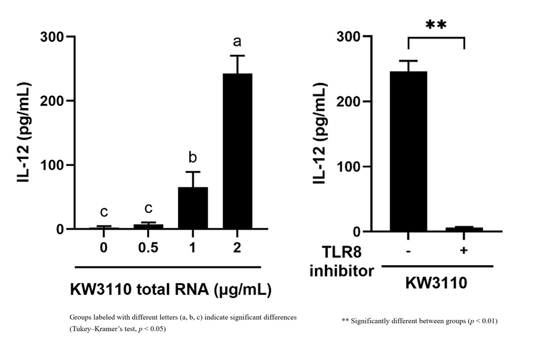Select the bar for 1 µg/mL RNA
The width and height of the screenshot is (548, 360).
pyautogui.click(x=192, y=208)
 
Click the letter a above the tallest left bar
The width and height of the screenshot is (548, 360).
pyautogui.click(x=237, y=42)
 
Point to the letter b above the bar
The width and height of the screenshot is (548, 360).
pyautogui.click(x=192, y=158)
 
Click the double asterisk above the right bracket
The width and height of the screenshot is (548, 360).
pyautogui.click(x=436, y=26)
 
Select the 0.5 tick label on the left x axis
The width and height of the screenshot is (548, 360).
pyautogui.click(x=148, y=248)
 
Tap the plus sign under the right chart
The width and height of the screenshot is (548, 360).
pyautogui.click(x=464, y=250)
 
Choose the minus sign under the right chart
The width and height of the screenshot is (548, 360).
pyautogui.click(x=408, y=250)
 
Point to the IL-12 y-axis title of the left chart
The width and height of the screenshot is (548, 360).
pyautogui.click(x=25, y=132)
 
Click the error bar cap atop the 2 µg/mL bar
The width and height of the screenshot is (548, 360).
pyautogui.click(x=237, y=55)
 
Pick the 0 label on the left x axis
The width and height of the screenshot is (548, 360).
pyautogui.click(x=104, y=248)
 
